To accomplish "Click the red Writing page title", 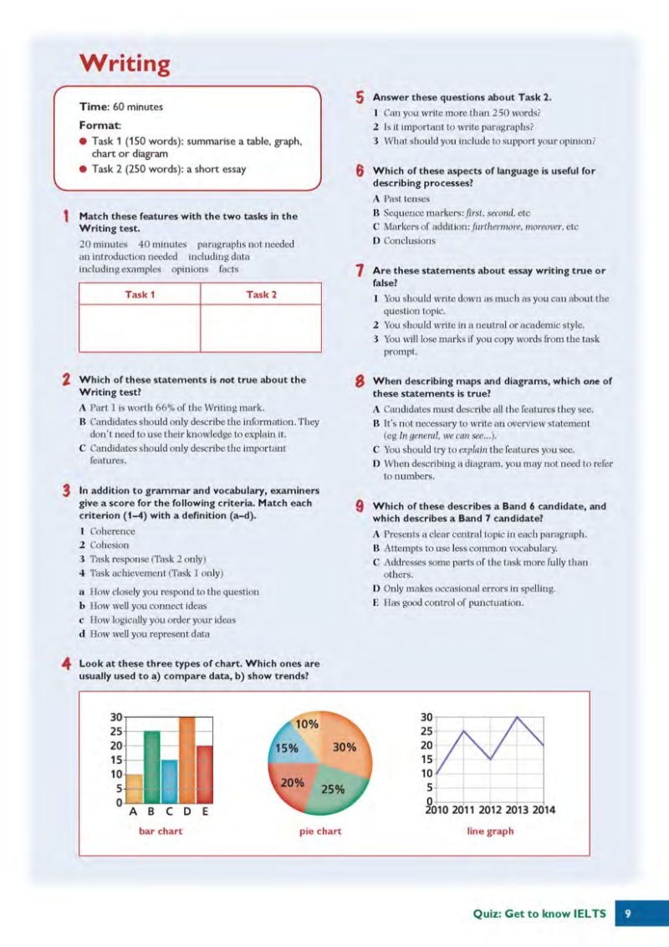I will (124, 64).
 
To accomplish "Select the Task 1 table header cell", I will (140, 294).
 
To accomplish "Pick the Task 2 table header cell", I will (261, 294).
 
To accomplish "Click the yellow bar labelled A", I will (134, 788).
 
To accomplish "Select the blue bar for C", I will (169, 781).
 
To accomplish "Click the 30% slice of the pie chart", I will (344, 747).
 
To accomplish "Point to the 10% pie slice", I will (307, 724).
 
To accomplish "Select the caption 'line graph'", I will (490, 832).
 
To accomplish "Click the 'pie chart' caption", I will (320, 832).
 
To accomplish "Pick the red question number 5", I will (360, 97).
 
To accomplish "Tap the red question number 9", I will (360, 506).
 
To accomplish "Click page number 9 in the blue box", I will (628, 914).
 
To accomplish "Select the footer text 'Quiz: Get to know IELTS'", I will (539, 914).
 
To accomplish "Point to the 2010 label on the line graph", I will (437, 810).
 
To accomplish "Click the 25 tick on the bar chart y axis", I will (116, 731).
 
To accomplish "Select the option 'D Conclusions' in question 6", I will (404, 241).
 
